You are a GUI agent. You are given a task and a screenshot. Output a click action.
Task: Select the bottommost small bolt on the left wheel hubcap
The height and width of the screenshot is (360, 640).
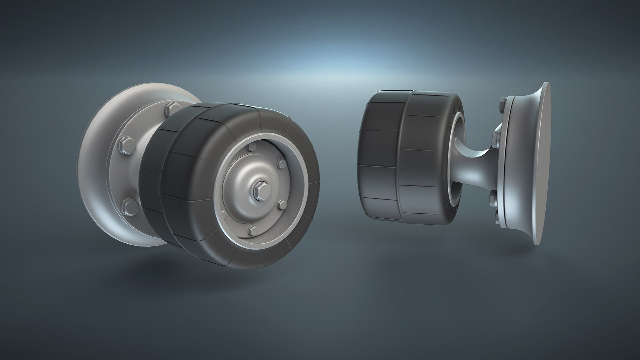(254, 230)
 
